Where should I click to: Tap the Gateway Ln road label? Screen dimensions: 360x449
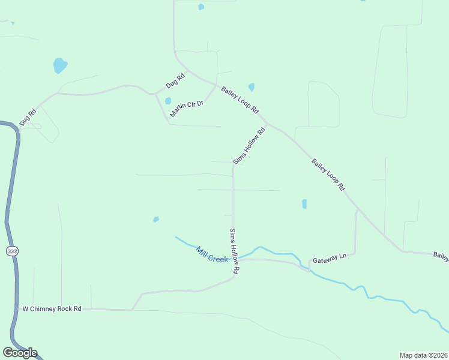click(x=330, y=256)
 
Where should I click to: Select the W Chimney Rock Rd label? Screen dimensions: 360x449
click(x=52, y=309)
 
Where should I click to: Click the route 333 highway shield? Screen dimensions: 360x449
click(x=12, y=251)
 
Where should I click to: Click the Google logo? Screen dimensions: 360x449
click(x=20, y=353)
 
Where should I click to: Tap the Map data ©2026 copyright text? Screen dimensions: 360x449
click(x=423, y=355)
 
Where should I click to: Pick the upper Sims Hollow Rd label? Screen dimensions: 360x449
click(x=249, y=146)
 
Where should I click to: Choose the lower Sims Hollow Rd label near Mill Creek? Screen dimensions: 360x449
click(x=235, y=251)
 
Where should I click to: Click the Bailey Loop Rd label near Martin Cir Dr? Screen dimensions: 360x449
click(x=240, y=101)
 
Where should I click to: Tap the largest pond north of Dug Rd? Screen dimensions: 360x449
click(x=60, y=65)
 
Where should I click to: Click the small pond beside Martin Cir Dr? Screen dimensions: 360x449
click(x=168, y=101)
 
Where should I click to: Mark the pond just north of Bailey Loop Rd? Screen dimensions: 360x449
click(x=251, y=87)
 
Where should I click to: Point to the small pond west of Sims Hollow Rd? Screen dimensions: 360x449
click(x=156, y=219)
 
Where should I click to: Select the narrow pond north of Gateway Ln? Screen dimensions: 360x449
click(x=304, y=204)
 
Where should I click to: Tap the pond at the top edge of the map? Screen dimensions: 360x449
click(x=201, y=7)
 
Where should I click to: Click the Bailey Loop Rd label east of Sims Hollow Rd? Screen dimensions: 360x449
click(x=328, y=174)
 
